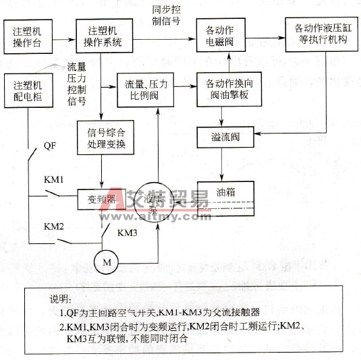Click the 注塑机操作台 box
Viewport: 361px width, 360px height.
pos(28,36)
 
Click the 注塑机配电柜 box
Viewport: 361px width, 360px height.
pos(28,92)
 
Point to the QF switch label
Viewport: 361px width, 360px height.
pos(50,146)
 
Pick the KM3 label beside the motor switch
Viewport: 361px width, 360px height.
pos(128,234)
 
